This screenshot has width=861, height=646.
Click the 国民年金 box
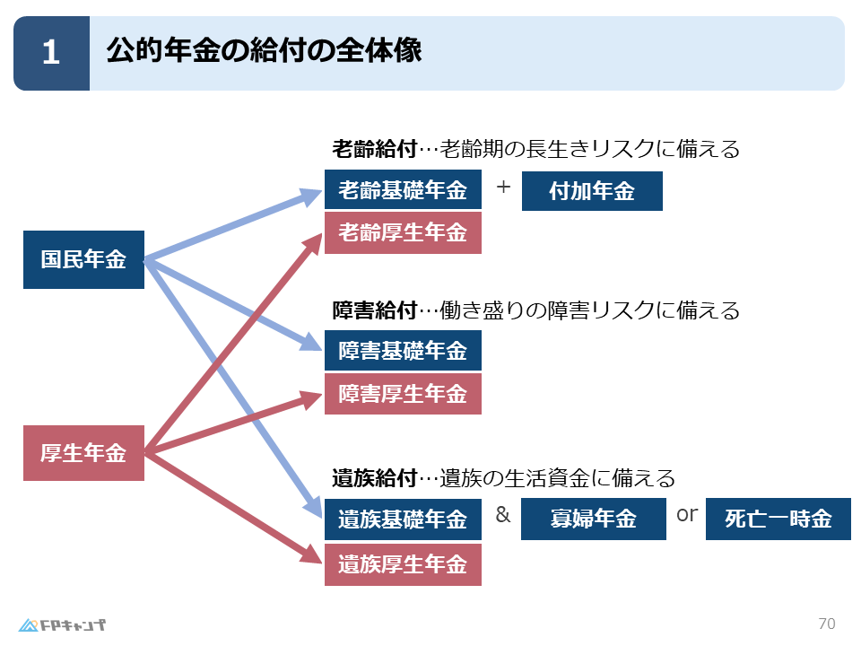83,259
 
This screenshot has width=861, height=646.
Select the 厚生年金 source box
83,453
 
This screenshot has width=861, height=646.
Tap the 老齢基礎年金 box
403,189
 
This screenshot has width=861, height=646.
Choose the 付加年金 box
592,191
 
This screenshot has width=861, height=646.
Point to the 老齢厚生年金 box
403,233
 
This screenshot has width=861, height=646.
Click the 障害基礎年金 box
403,351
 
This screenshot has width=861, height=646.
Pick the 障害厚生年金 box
403,394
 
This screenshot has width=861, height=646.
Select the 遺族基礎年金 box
403,519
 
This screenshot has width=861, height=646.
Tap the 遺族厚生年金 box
403,564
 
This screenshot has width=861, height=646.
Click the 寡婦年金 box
594,519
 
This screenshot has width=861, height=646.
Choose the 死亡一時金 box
778,519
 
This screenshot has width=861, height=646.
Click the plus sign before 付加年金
503,188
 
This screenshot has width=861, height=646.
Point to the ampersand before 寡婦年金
503,514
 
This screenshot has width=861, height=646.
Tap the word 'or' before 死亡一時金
687,515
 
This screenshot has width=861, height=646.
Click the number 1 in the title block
51,53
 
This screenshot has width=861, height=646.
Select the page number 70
827,624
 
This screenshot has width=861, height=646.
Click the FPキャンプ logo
62,625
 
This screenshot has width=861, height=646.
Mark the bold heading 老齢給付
375,149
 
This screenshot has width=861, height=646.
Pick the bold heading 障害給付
375,310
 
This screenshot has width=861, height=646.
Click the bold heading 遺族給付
375,478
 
